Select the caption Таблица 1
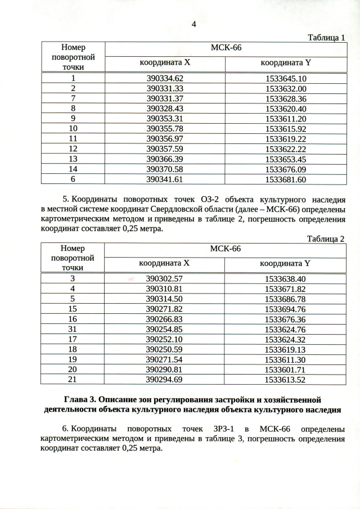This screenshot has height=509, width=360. pyautogui.click(x=326, y=38)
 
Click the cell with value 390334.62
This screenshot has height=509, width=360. pyautogui.click(x=165, y=79)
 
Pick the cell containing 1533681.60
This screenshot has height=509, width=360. pyautogui.click(x=285, y=179)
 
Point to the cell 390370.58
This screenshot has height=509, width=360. pyautogui.click(x=165, y=169)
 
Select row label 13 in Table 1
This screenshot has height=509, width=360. pyautogui.click(x=73, y=159)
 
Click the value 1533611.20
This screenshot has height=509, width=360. pyautogui.click(x=285, y=119)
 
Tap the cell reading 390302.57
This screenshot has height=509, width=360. pyautogui.click(x=165, y=279)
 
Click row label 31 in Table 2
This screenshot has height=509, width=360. pyautogui.click(x=73, y=329)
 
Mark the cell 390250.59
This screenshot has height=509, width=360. pyautogui.click(x=165, y=349)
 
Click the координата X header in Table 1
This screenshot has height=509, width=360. pyautogui.click(x=165, y=63)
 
